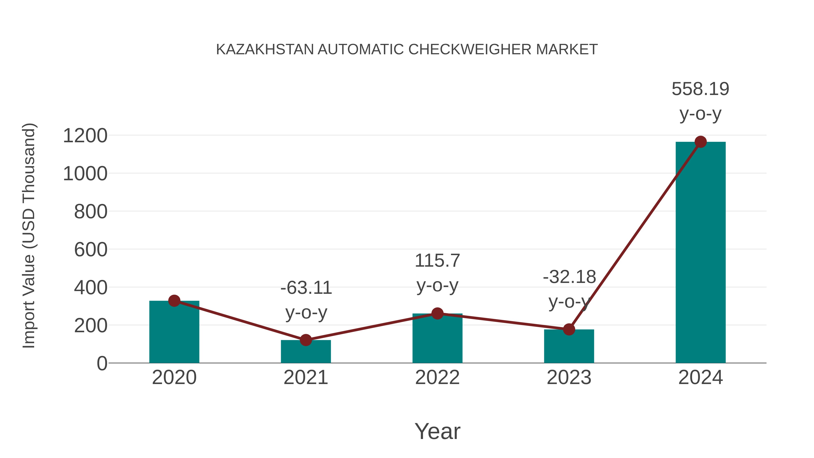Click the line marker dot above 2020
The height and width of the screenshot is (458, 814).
[174, 301]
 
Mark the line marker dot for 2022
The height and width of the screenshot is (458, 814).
[437, 313]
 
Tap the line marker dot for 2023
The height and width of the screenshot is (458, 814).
[569, 329]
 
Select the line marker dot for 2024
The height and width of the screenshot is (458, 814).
[700, 142]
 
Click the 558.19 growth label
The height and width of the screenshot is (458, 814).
[700, 89]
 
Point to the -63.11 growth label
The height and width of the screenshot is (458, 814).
[306, 288]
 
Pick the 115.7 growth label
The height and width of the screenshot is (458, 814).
[437, 261]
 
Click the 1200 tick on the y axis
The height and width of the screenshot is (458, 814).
[85, 136]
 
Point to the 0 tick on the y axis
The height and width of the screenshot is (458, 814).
[102, 363]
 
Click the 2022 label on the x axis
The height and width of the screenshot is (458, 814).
[437, 377]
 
